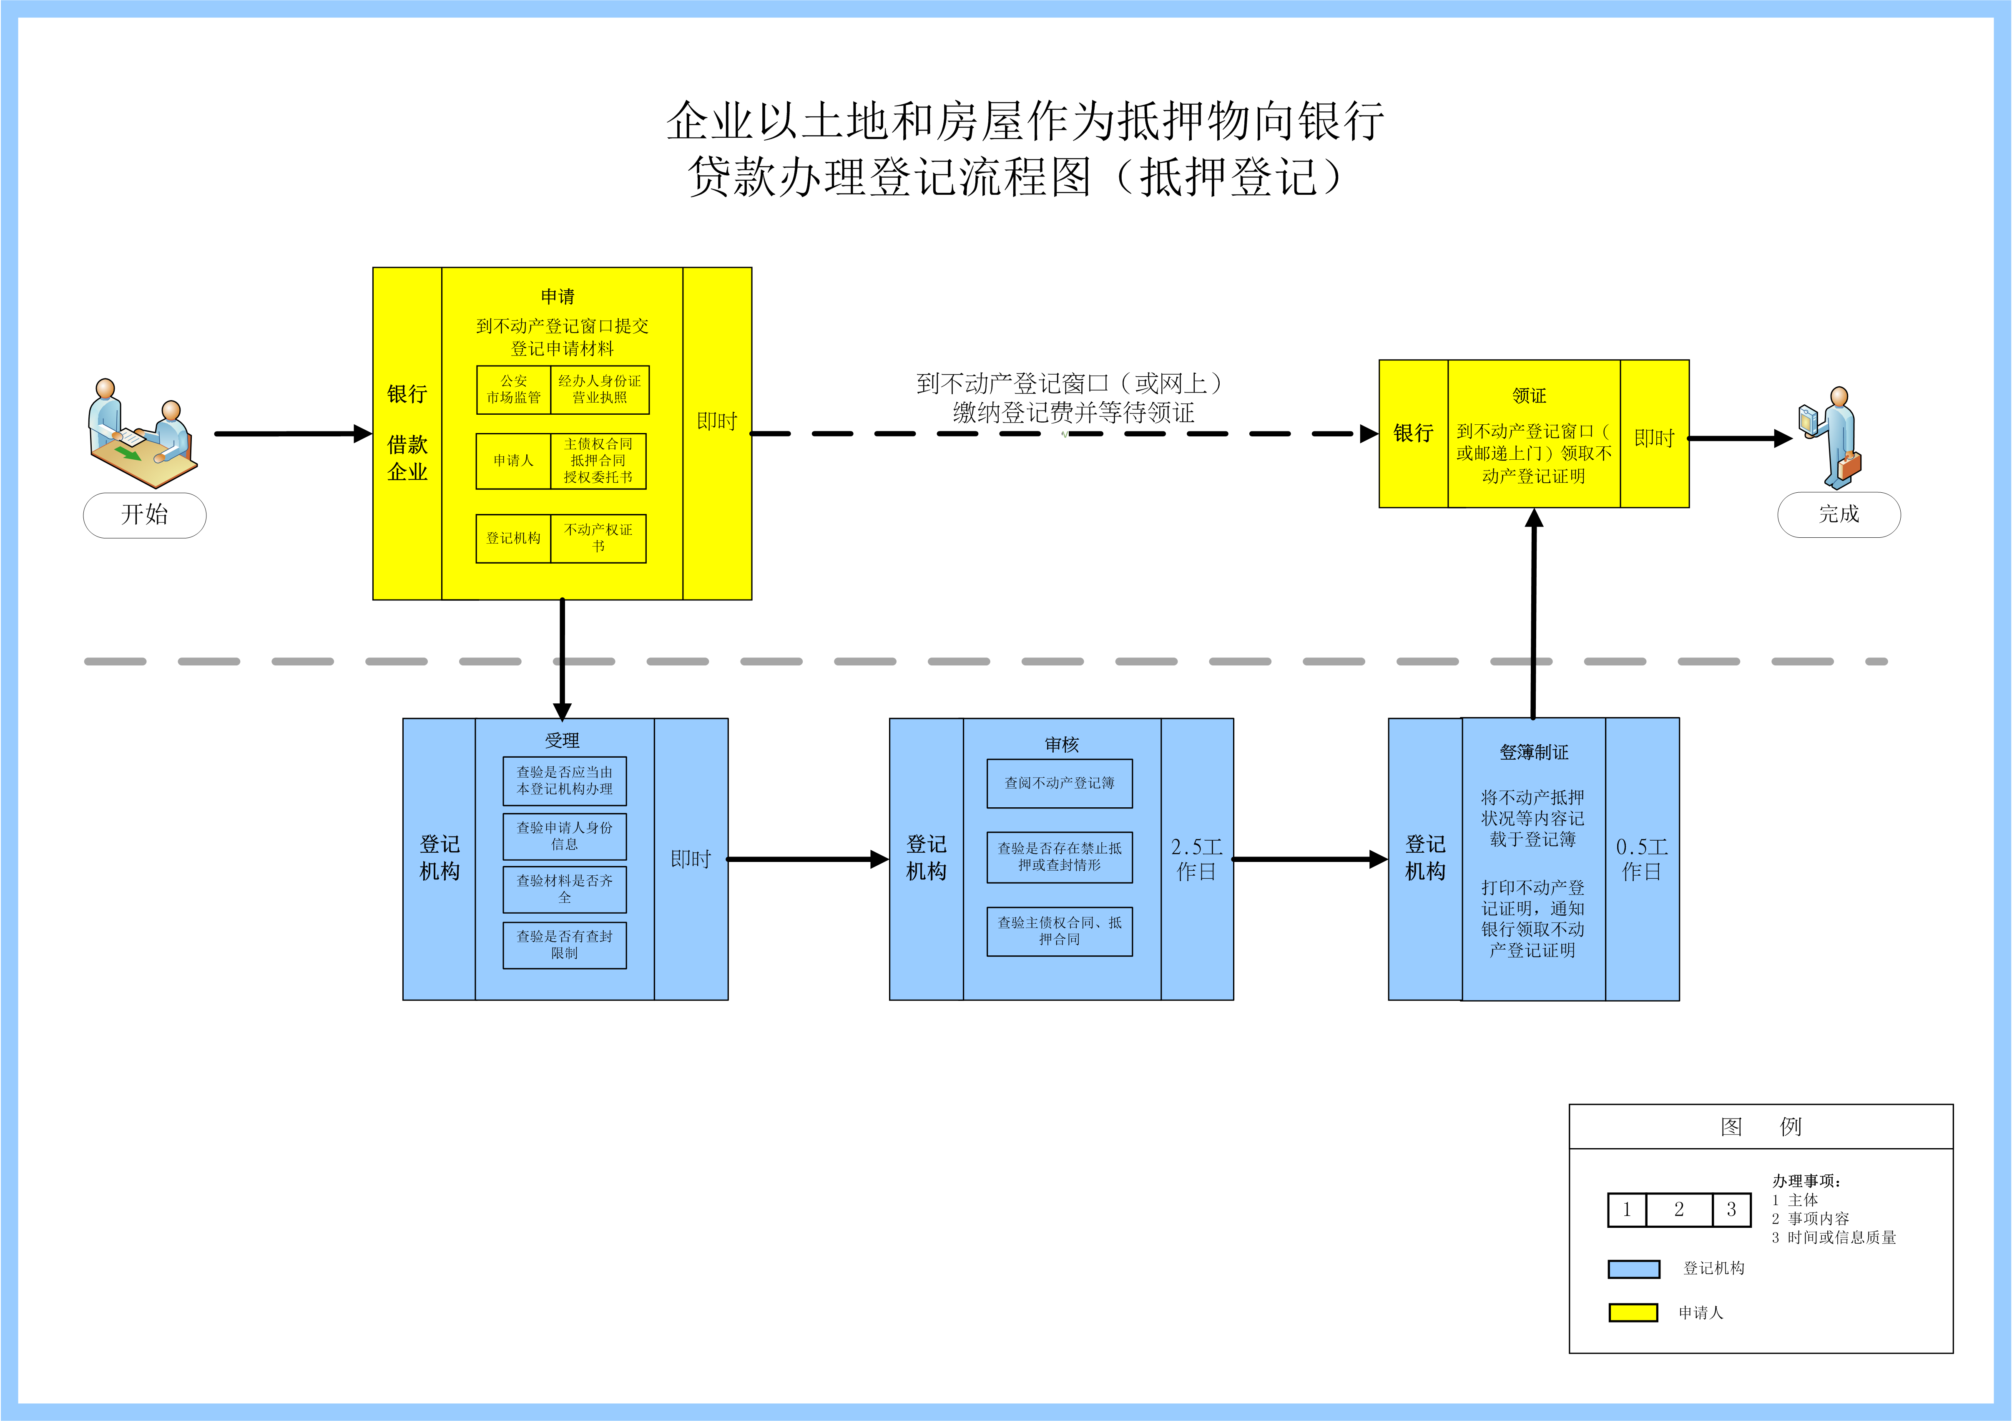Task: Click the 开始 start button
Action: (145, 514)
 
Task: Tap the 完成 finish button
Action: (1839, 514)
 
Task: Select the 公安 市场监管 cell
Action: (513, 389)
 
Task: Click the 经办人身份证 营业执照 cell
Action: (599, 389)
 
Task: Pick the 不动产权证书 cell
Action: (598, 538)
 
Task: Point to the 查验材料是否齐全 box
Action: (564, 889)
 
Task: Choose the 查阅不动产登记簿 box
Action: (1060, 783)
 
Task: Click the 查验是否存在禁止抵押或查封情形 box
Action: (1060, 857)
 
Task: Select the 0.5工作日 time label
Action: (1641, 859)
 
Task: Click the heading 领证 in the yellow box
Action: (1529, 396)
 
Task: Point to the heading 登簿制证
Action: (1534, 752)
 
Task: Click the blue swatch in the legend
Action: (1633, 1268)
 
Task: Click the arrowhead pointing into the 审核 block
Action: (879, 859)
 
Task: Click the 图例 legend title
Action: (1760, 1126)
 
